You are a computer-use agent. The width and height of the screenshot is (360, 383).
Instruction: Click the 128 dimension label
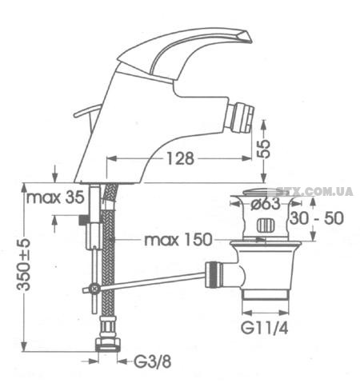pyautogui.click(x=180, y=158)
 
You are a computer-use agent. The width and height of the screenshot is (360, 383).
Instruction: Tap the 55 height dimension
pyautogui.click(x=264, y=149)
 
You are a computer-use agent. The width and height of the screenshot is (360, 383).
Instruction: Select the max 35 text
pyautogui.click(x=55, y=197)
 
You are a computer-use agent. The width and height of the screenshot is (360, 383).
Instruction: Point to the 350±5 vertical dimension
pyautogui.click(x=23, y=265)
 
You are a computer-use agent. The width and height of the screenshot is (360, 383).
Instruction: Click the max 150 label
pyautogui.click(x=178, y=240)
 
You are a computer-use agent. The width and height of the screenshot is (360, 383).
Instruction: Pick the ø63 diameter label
pyautogui.click(x=266, y=204)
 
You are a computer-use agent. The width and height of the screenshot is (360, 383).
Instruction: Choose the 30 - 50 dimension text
pyautogui.click(x=317, y=218)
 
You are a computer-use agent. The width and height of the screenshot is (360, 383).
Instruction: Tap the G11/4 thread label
pyautogui.click(x=265, y=328)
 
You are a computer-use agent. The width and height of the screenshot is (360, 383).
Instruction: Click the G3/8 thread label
pyautogui.click(x=152, y=362)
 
